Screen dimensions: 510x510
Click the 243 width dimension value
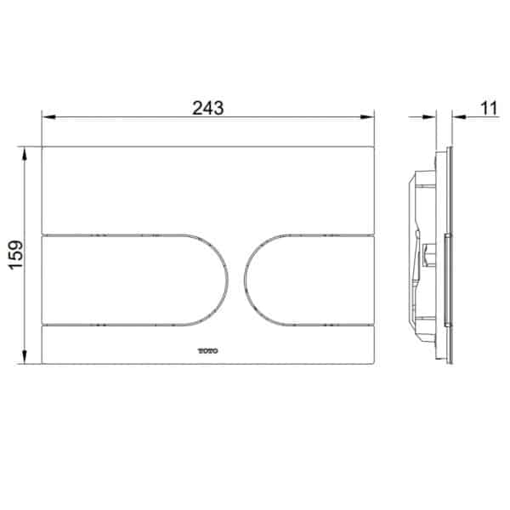[x=207, y=108]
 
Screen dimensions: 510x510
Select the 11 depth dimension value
[x=488, y=108]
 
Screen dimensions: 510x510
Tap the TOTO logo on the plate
[x=208, y=348]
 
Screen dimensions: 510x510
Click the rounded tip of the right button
[x=247, y=279]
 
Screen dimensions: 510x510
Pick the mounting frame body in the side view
[x=425, y=255]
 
